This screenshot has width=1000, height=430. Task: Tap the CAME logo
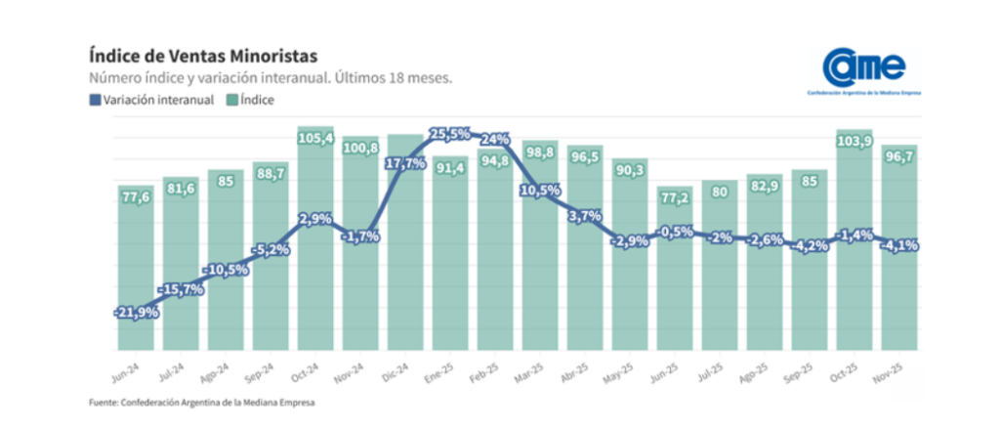pos(863,70)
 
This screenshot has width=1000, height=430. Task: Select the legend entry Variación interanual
pos(151,100)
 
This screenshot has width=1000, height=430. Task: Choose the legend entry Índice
pos(252,100)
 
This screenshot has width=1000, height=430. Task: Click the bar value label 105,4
pos(314,139)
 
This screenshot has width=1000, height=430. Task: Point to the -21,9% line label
pos(136,311)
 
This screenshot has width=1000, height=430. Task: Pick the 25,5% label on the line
pos(449,134)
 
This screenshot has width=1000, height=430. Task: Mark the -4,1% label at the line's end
pos(898,246)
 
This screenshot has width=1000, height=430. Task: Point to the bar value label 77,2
pos(674,197)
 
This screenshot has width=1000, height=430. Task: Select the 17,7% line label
pos(404,163)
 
